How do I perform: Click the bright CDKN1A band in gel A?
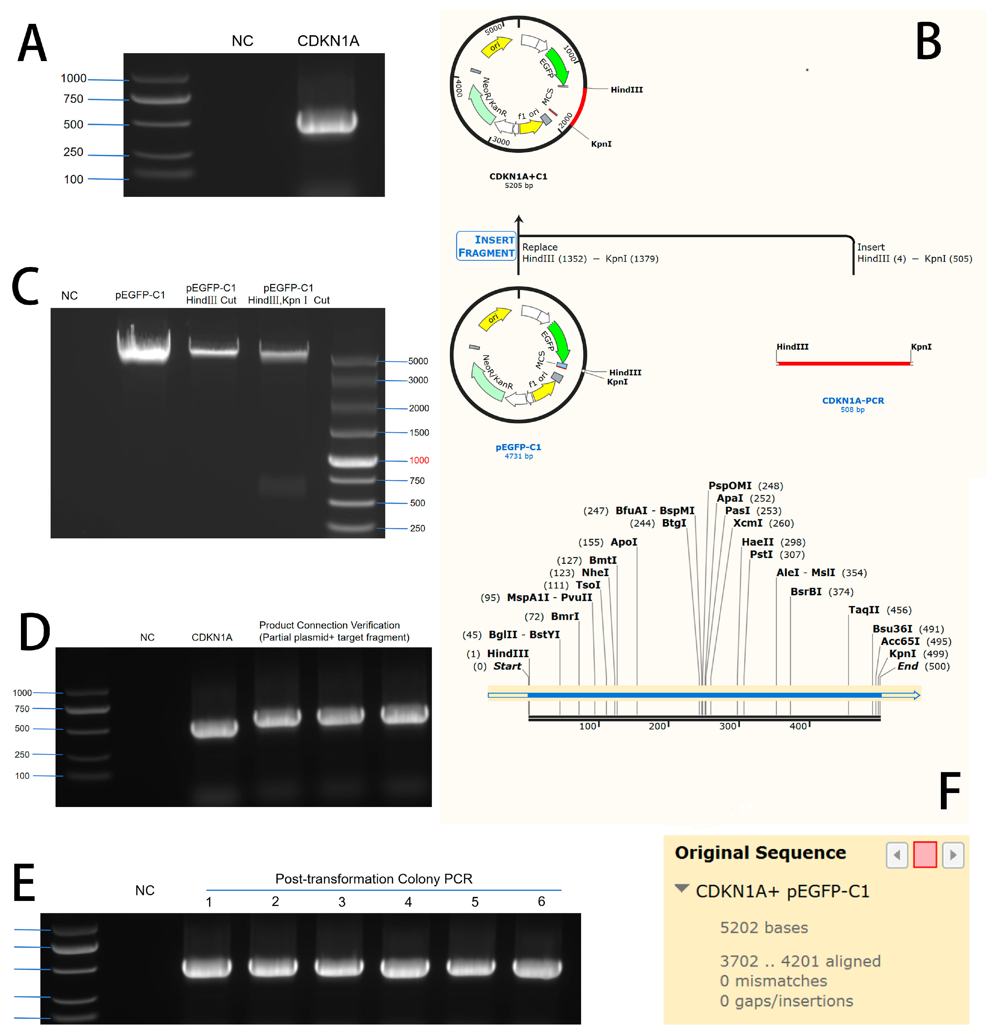(327, 122)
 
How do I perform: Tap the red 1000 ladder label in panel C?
(419, 460)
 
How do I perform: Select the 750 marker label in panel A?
(73, 99)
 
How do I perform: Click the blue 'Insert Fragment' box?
(486, 246)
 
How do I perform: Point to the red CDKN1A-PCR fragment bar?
(844, 363)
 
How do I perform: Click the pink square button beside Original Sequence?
(925, 854)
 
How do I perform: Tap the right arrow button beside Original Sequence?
(953, 854)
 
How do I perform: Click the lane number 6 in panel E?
(541, 902)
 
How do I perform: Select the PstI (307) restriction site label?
(777, 555)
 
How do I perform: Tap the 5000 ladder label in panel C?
(418, 361)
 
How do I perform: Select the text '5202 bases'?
(763, 928)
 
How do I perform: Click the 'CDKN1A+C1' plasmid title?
(518, 176)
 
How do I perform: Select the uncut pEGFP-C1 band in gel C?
(143, 346)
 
